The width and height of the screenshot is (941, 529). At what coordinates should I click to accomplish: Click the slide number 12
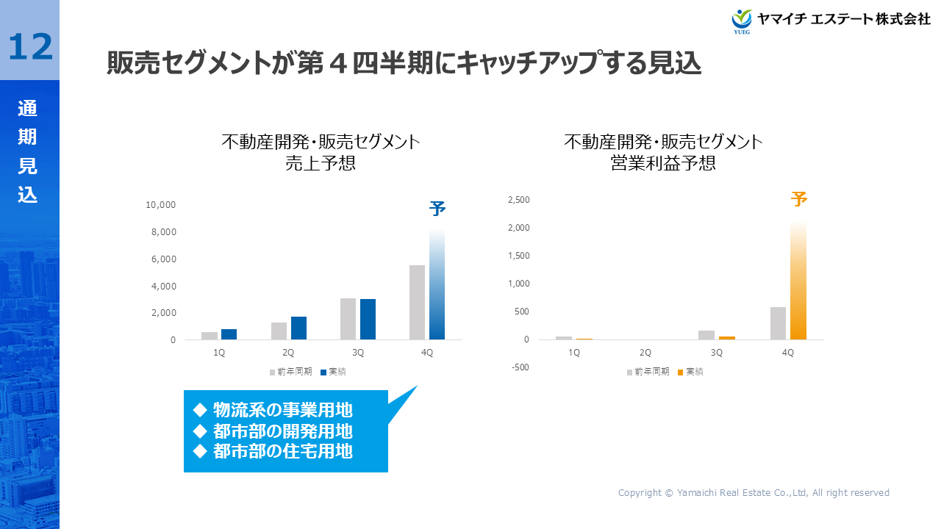pos(30,46)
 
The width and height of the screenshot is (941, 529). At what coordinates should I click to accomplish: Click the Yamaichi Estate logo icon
pos(742,19)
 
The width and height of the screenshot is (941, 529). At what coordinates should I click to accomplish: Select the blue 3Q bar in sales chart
pos(368,319)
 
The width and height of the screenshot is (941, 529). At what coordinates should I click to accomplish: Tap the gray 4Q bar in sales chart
pos(417,302)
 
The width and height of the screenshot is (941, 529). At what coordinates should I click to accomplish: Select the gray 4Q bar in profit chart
pos(778,323)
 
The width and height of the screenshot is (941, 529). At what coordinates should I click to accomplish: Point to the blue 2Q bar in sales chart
pos(298,328)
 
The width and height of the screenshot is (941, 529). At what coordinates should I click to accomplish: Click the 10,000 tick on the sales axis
pos(161,205)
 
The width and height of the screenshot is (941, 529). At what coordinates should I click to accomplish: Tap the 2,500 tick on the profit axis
pos(519,200)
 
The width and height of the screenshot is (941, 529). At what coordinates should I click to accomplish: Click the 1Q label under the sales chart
pos(219,353)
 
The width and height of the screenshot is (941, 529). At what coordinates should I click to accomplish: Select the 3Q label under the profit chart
pos(717,353)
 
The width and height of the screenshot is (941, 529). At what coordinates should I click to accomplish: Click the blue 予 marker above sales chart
pos(437,209)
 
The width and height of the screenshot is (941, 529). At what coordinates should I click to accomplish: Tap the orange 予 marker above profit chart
pos(799,199)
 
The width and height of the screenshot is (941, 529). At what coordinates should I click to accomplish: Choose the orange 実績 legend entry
pos(690,372)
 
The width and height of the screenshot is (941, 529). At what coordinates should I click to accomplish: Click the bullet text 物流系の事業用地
pos(282,410)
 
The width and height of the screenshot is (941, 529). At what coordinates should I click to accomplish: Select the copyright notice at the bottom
pos(754,493)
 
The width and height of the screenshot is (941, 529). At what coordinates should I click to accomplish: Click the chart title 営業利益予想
pos(663,163)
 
